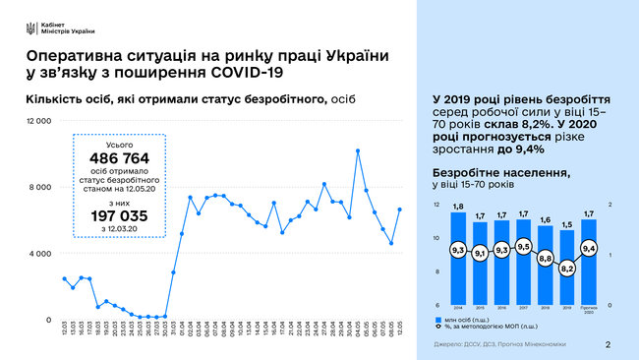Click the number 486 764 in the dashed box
point(118,158)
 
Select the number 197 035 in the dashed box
point(118,214)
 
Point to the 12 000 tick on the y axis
point(37,120)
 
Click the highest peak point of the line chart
point(358,150)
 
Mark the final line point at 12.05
point(398,209)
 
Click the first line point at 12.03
point(65,278)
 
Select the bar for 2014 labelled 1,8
point(457,259)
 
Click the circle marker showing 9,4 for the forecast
point(588,249)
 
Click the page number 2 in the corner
point(608,344)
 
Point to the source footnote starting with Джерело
point(488,344)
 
